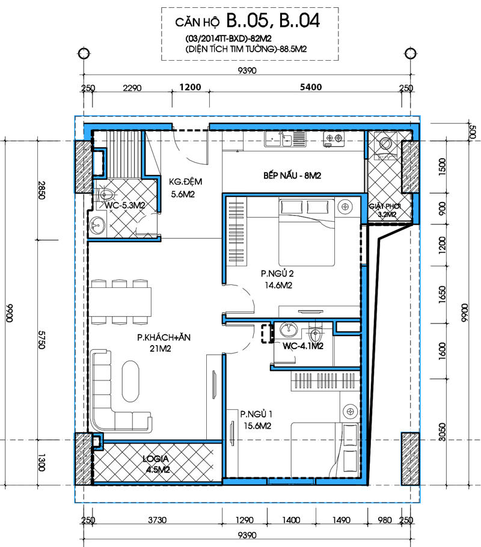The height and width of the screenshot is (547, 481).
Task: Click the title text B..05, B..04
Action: click(x=273, y=20)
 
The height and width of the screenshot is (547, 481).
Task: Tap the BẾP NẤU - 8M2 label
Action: click(x=292, y=176)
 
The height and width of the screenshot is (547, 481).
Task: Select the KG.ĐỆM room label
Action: click(x=185, y=182)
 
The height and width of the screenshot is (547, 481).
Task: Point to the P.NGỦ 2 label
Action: click(x=278, y=273)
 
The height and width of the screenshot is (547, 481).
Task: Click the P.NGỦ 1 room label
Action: click(x=256, y=414)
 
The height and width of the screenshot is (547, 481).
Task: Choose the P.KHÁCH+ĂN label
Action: click(x=164, y=337)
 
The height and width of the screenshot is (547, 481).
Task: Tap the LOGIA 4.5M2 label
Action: click(x=157, y=464)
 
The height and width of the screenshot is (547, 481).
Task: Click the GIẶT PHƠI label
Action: click(x=385, y=206)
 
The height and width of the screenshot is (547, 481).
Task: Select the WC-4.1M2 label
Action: click(x=302, y=346)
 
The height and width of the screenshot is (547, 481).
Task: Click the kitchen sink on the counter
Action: click(x=278, y=139)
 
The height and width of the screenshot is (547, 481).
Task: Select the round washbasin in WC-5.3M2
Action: click(x=97, y=225)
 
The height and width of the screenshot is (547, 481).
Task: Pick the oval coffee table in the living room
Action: click(x=130, y=381)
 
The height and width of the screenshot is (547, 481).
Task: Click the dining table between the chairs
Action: click(x=120, y=302)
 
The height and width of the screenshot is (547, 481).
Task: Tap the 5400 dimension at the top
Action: click(x=311, y=87)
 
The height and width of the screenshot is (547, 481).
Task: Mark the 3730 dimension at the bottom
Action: click(x=157, y=520)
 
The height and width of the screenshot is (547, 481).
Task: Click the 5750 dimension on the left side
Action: click(x=41, y=340)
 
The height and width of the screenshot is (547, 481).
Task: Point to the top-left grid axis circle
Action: click(x=84, y=53)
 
